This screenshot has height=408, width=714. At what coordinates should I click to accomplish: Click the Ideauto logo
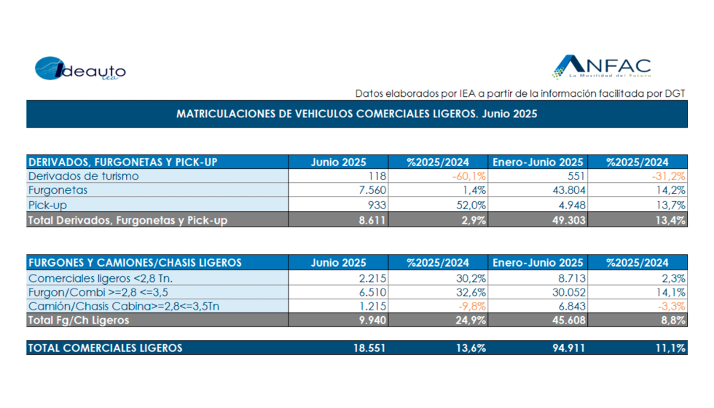click(80, 70)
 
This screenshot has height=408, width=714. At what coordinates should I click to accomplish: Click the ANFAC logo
click(602, 67)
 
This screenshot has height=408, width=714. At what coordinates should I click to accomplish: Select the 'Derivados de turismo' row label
click(83, 176)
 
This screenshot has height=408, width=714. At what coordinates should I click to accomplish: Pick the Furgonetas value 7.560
click(369, 190)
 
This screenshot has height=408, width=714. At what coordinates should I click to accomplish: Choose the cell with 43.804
click(564, 190)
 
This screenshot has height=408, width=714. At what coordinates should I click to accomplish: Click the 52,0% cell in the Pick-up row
click(469, 205)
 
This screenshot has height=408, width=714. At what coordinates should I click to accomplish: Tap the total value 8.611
click(370, 220)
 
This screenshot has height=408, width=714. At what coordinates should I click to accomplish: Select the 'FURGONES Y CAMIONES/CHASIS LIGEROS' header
click(135, 262)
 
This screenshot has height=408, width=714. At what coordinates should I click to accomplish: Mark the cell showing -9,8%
click(470, 306)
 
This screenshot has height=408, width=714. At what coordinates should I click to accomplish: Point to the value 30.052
click(564, 291)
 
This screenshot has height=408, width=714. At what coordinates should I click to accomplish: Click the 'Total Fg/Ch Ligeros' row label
click(78, 320)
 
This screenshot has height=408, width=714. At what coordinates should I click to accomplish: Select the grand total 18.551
click(367, 348)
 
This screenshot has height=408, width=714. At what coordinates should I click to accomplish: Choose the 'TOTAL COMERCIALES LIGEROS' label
click(105, 348)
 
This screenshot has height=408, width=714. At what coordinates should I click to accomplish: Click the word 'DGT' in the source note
click(674, 93)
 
